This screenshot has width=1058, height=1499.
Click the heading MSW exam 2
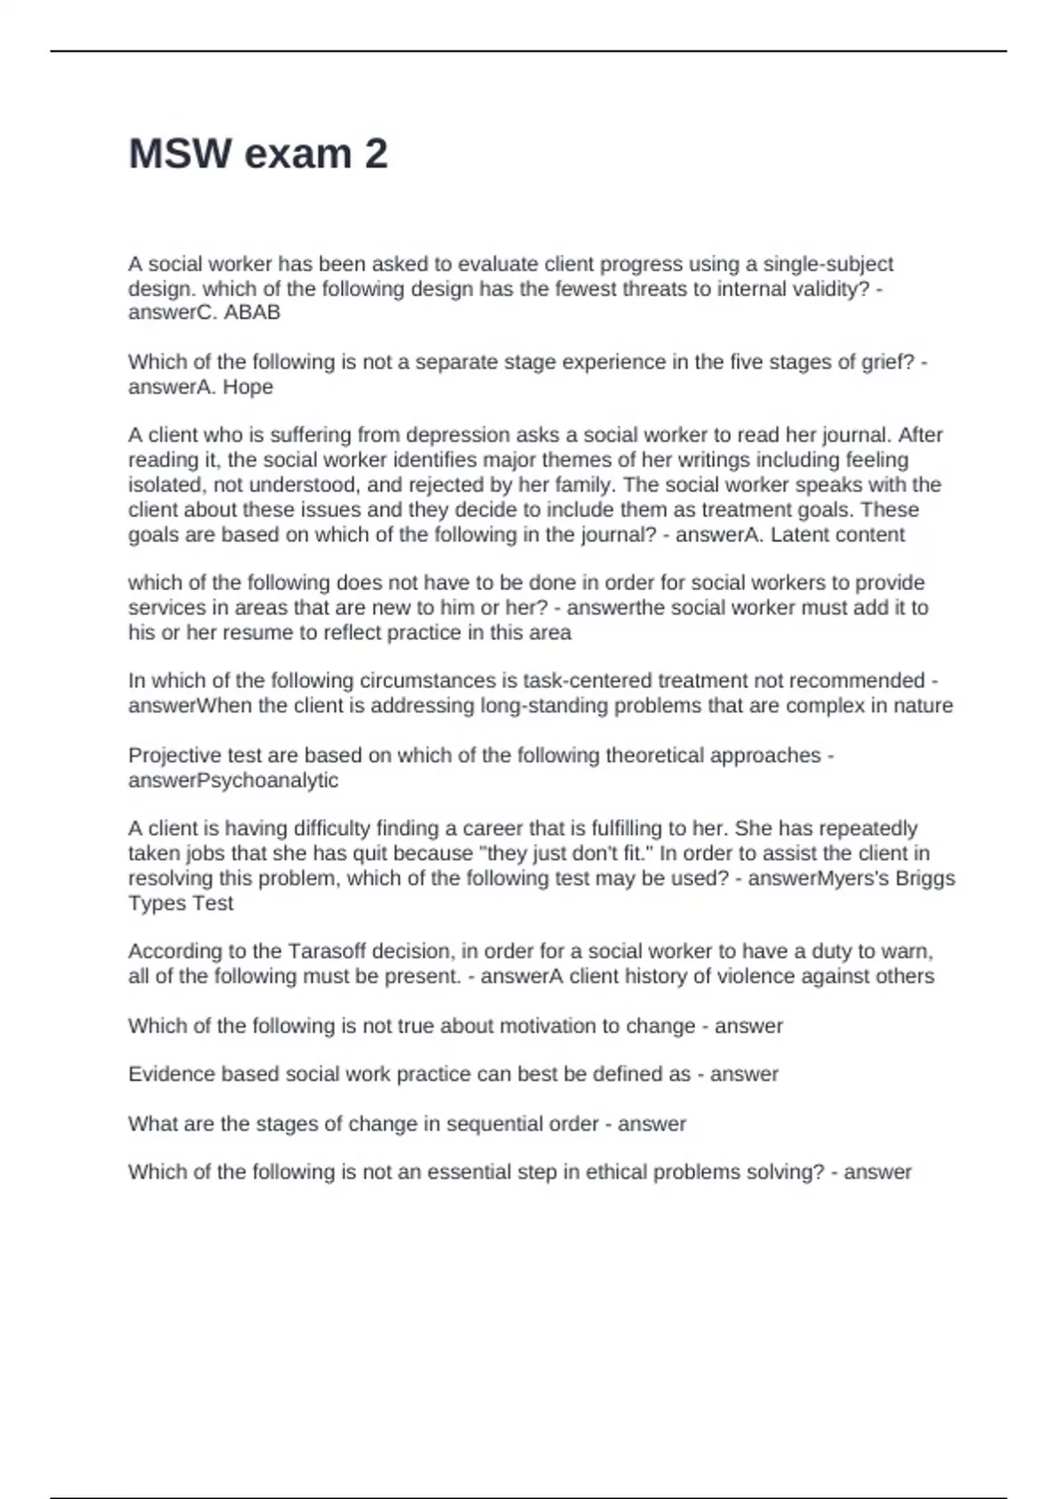257,154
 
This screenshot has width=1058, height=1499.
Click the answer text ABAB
252,312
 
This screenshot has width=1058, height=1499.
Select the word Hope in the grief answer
248,387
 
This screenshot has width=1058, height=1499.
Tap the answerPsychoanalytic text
233,780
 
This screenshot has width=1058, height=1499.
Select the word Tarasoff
326,951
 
